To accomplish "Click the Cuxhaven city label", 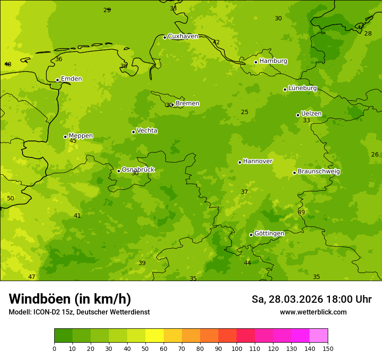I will pos(183,36).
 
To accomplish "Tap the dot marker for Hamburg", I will pos(256,62).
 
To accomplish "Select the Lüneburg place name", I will pos(303,88).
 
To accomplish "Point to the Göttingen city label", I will pos(269,233).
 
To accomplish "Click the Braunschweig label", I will pos(319,172).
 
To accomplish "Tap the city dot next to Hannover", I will pos(240,162).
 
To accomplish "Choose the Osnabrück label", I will pos(138,170).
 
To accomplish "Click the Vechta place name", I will pos(147,131).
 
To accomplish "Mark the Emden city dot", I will pos(57,80).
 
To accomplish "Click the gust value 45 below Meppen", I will pos(73,141).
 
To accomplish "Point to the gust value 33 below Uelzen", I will pos(306,121).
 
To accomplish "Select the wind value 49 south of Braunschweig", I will pos(301,212).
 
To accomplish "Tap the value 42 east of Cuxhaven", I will pos(216,43).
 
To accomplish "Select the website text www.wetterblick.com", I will pos(313,312).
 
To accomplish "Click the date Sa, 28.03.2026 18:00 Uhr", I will pos(311,299).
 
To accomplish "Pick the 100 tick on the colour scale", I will pos(237,348).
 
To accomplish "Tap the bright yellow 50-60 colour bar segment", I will pos(155,336).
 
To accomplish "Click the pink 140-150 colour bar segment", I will pos(319,336).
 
